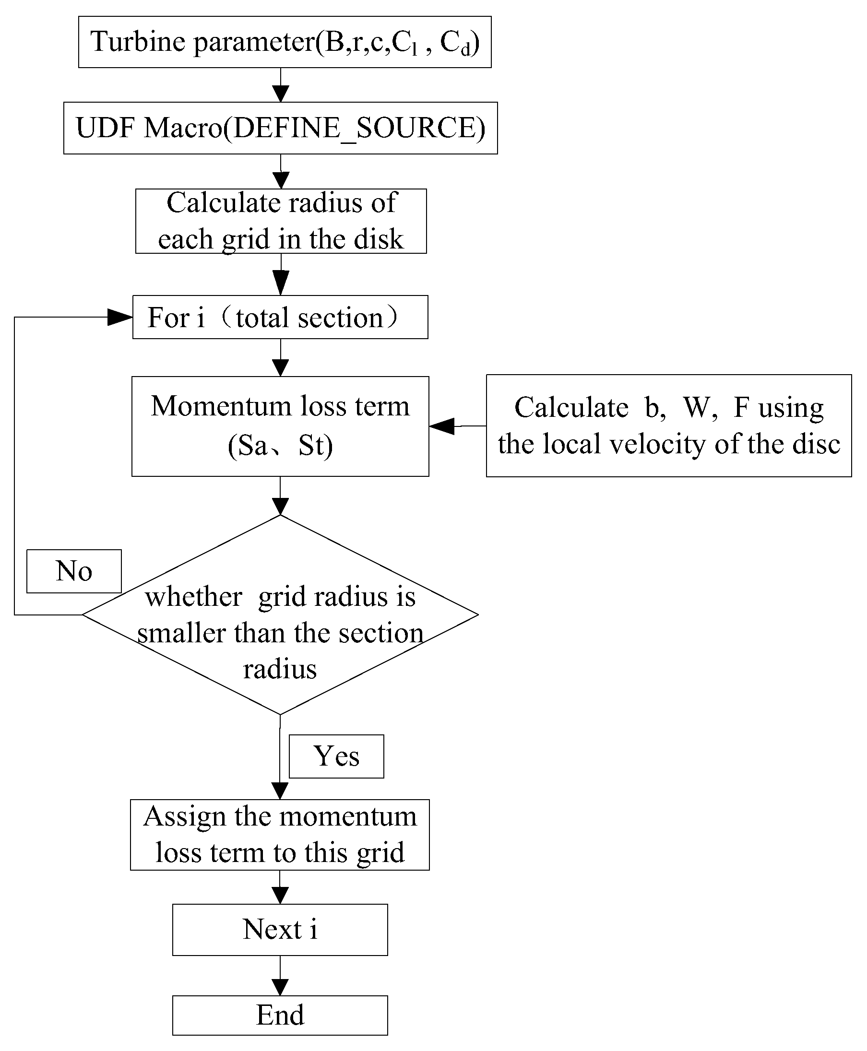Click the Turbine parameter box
click(x=285, y=42)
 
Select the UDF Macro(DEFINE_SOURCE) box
click(x=280, y=128)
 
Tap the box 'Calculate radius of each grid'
click(x=281, y=221)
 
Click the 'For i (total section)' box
click(x=280, y=317)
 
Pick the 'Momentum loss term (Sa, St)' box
click(x=280, y=426)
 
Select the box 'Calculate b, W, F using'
click(x=669, y=426)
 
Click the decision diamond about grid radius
click(x=280, y=614)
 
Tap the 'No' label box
click(x=74, y=571)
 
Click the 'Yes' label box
click(x=336, y=756)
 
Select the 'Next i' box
click(x=280, y=930)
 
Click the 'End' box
click(x=280, y=1015)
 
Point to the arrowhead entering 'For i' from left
click(x=120, y=317)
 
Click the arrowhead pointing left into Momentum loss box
click(x=442, y=426)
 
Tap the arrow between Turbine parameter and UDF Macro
click(x=281, y=93)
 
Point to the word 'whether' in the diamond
click(x=194, y=597)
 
